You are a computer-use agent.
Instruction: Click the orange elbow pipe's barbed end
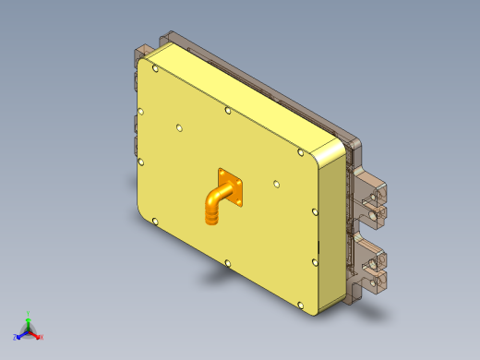[211, 218]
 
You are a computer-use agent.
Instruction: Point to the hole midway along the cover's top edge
[228, 111]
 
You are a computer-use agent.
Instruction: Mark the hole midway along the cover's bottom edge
[228, 263]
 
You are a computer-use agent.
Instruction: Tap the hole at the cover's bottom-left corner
[156, 222]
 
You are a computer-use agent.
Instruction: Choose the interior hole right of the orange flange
[274, 184]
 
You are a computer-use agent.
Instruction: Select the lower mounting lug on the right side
[373, 265]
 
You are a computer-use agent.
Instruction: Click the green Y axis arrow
[29, 320]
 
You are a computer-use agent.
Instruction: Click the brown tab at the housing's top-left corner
[143, 51]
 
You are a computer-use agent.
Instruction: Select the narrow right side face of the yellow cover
[331, 231]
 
